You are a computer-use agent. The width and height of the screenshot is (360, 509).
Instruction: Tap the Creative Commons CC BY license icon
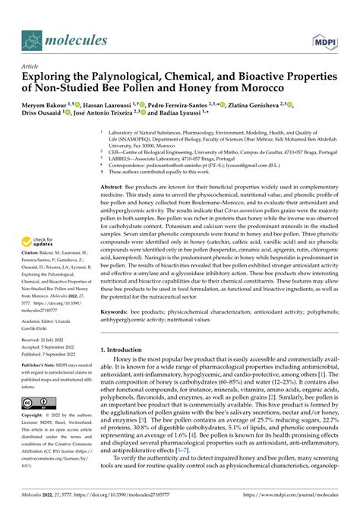(x=36, y=401)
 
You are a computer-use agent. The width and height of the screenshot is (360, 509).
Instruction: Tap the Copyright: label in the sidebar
(x=36, y=416)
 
